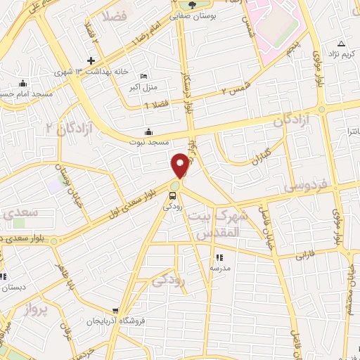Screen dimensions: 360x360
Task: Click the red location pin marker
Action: click(x=180, y=165)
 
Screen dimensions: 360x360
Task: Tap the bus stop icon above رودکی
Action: click(x=170, y=195)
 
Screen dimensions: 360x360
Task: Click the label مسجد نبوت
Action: click(x=149, y=141)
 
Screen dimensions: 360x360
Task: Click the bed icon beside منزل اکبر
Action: click(x=145, y=76)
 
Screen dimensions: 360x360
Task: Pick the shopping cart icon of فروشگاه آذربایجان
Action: click(x=115, y=311)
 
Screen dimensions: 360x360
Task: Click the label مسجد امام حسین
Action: click(x=22, y=92)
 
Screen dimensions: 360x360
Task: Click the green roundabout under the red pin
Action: click(x=175, y=185)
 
